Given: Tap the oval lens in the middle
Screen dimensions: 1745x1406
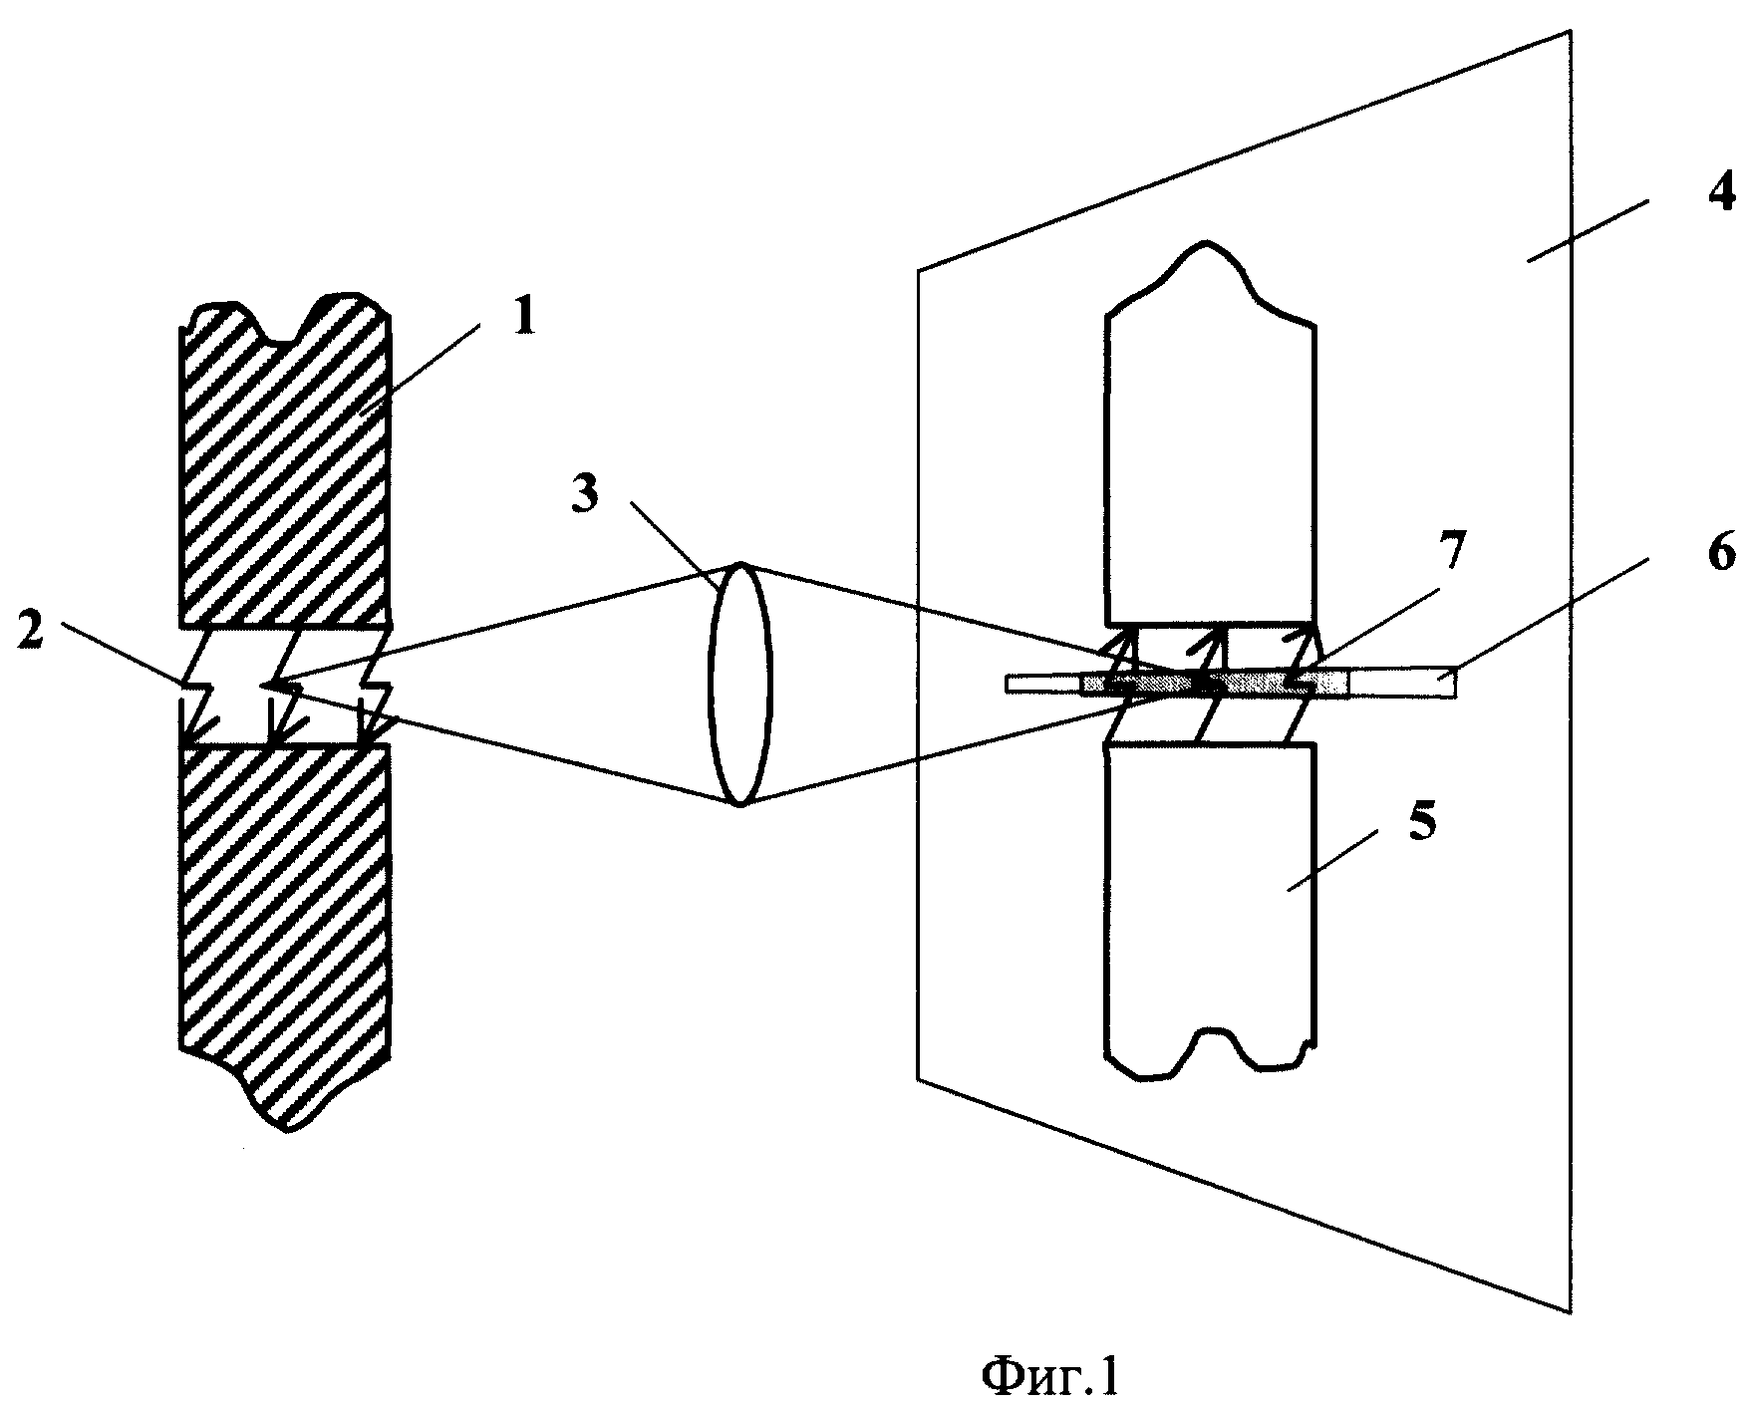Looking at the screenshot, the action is pyautogui.click(x=740, y=684).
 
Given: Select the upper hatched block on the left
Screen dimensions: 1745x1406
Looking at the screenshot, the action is pyautogui.click(x=283, y=463).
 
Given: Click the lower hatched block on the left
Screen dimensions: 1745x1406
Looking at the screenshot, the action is pyautogui.click(x=283, y=932).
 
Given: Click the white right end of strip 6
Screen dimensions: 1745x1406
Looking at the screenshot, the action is pyautogui.click(x=1401, y=683).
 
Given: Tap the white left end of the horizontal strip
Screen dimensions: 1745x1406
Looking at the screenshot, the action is pyautogui.click(x=1044, y=685).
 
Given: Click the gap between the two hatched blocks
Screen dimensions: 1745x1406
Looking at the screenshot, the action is pyautogui.click(x=283, y=688).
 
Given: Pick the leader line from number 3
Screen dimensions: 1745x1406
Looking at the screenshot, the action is pyautogui.click(x=675, y=540).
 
